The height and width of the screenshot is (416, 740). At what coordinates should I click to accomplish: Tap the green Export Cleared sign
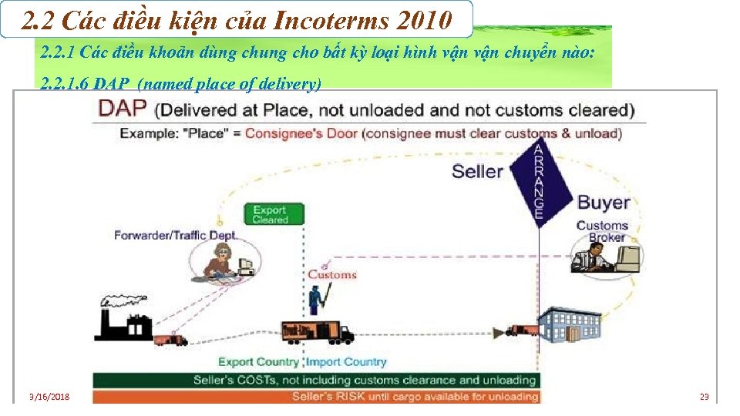pyautogui.click(x=273, y=214)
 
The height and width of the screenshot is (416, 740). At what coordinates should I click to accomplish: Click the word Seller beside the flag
pyautogui.click(x=477, y=170)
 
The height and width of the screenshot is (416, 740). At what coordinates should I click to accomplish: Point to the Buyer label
pyautogui.click(x=604, y=203)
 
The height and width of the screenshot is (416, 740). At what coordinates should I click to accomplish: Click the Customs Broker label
pyautogui.click(x=602, y=231)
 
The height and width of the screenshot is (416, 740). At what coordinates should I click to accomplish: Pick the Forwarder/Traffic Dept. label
pyautogui.click(x=176, y=235)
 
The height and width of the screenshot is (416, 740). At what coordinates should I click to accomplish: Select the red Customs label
pyautogui.click(x=332, y=274)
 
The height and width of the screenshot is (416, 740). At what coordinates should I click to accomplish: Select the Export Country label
pyautogui.click(x=258, y=362)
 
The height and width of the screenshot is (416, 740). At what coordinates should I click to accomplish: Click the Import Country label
pyautogui.click(x=346, y=362)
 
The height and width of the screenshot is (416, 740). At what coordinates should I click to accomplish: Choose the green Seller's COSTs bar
pyautogui.click(x=316, y=380)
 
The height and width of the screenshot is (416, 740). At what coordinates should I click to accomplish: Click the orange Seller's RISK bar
pyautogui.click(x=316, y=397)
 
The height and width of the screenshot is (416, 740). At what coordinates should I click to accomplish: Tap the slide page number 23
pyautogui.click(x=704, y=397)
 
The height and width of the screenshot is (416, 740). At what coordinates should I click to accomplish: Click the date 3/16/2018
pyautogui.click(x=49, y=397)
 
